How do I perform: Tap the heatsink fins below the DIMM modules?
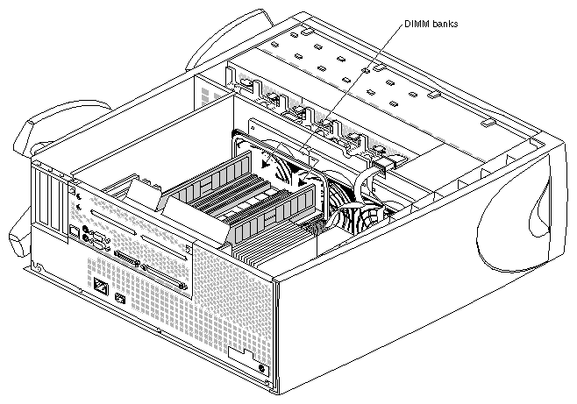[x=263, y=253]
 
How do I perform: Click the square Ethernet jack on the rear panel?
[x=72, y=231]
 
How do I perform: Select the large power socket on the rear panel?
[x=101, y=287]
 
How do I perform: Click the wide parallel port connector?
[x=128, y=259]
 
